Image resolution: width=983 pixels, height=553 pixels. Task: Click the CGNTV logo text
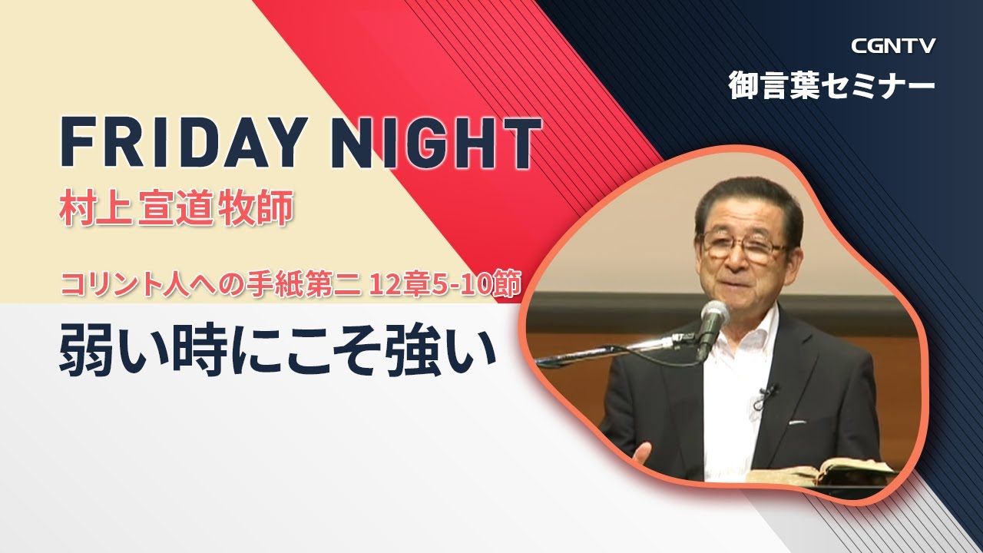[x=893, y=46]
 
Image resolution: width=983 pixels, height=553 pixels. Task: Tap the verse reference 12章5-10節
[x=446, y=285]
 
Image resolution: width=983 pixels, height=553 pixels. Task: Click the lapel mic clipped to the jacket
[x=766, y=393]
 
